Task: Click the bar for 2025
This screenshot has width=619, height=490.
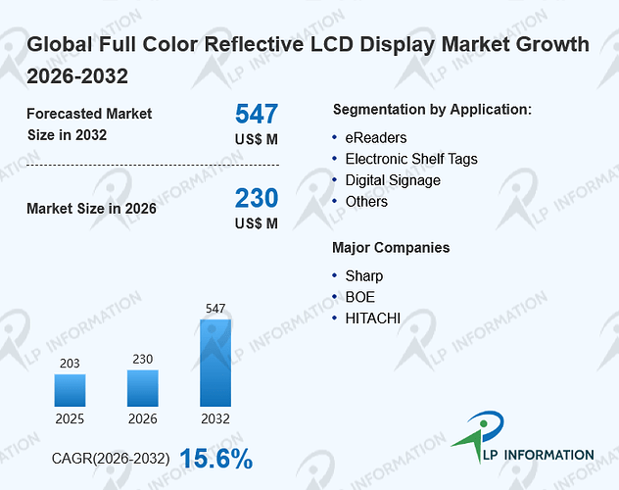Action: [x=70, y=390]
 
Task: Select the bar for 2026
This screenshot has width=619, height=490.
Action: [x=143, y=388]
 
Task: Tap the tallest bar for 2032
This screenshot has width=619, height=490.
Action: [x=215, y=363]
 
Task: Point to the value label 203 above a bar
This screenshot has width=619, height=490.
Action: [x=70, y=364]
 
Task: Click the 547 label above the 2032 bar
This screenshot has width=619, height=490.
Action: [x=215, y=309]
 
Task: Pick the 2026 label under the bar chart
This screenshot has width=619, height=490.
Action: [x=143, y=418]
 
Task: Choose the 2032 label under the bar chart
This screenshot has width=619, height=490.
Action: [x=215, y=418]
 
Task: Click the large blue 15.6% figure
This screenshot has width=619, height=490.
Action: [x=215, y=459]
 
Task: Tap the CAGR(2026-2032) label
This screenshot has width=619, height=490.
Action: [x=111, y=459]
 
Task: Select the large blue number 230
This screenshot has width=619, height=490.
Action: [x=257, y=198]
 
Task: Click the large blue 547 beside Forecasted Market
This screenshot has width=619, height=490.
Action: [x=257, y=114]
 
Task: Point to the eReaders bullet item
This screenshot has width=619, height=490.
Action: [x=376, y=138]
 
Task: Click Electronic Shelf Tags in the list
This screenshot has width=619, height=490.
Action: [x=411, y=159]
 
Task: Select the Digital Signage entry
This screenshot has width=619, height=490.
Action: [x=393, y=180]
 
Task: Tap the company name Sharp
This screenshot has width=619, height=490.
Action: [x=364, y=276]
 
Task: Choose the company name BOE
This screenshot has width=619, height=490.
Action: [x=360, y=297]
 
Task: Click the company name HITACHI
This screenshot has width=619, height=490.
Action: [x=372, y=318]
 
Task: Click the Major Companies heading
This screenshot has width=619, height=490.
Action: [x=391, y=248]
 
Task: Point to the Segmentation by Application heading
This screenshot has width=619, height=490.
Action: [x=432, y=110]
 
